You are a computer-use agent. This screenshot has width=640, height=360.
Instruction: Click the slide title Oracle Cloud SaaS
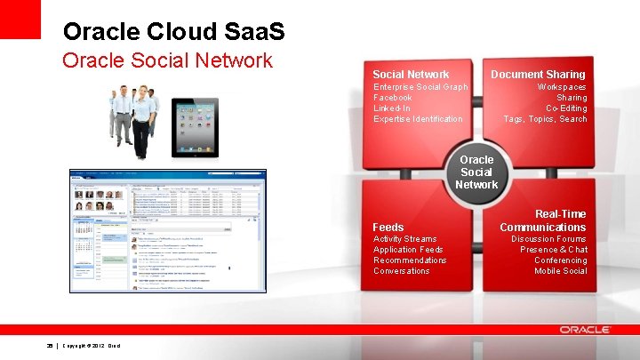(174, 31)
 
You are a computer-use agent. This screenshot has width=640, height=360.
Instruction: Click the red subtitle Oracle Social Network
(166, 60)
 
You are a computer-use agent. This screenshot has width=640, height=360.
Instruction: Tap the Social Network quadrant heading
(411, 75)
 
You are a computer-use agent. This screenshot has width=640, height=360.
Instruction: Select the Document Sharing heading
(538, 75)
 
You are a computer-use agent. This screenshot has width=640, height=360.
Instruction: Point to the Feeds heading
(388, 228)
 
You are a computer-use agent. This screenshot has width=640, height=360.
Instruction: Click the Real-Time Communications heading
(542, 220)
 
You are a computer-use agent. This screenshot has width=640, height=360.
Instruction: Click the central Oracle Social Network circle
(476, 172)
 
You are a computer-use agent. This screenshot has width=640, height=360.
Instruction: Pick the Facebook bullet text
(392, 98)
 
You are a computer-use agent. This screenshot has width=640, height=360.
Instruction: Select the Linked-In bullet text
(392, 108)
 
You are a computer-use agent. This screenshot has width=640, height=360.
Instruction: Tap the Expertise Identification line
(418, 119)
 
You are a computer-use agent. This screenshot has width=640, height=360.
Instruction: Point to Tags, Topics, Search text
(545, 119)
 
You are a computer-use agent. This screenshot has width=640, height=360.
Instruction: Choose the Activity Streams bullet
(404, 239)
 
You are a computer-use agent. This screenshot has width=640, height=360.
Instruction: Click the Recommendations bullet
(410, 260)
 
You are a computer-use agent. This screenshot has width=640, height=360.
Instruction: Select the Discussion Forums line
(548, 239)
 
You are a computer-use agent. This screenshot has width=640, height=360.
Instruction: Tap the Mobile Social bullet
(560, 271)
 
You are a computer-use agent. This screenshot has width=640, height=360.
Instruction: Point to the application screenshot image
(167, 230)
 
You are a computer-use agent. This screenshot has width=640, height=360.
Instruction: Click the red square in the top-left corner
(20, 19)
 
